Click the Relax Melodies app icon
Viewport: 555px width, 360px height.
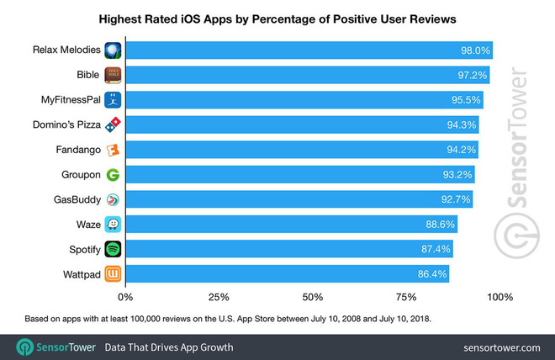click(112, 50)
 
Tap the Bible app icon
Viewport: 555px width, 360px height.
click(112, 75)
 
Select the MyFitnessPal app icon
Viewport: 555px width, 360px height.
click(112, 100)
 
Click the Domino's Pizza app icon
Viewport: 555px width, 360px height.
click(112, 125)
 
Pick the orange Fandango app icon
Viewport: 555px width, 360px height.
click(112, 150)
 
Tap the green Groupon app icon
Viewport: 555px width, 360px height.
click(112, 175)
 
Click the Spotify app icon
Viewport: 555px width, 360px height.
click(112, 250)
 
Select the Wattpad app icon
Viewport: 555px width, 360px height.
click(112, 274)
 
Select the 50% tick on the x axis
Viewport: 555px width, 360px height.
click(313, 297)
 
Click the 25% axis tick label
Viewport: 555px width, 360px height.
click(219, 297)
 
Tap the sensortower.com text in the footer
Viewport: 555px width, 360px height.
click(501, 347)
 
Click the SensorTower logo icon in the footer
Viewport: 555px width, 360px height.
click(26, 347)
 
